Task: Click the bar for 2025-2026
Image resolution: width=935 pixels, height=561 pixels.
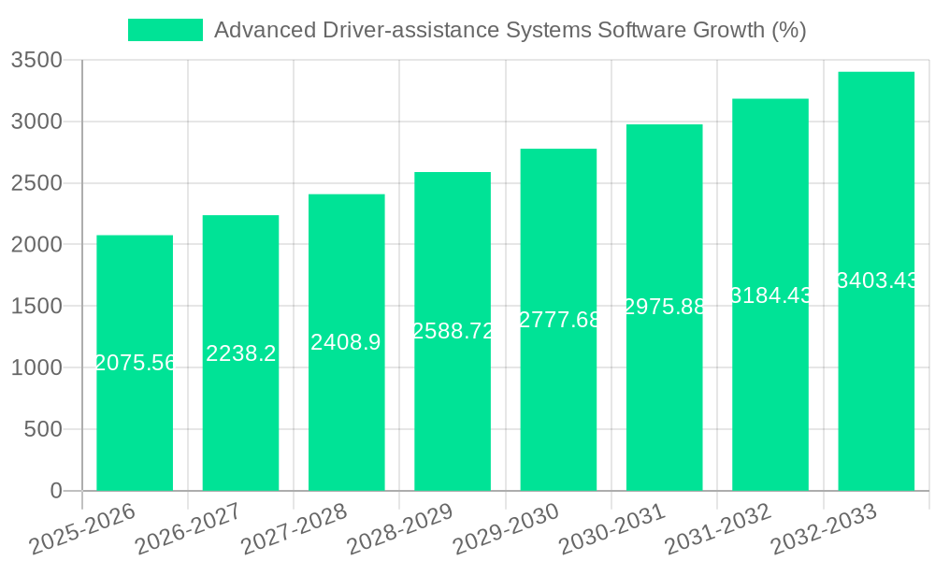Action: tap(135, 421)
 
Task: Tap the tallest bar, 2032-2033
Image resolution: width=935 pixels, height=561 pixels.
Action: tap(876, 374)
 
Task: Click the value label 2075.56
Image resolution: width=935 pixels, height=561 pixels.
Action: tap(135, 363)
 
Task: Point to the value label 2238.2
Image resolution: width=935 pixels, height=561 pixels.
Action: tap(240, 352)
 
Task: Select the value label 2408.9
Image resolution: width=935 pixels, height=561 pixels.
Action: tap(346, 342)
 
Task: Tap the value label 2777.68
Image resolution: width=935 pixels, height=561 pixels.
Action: tap(558, 320)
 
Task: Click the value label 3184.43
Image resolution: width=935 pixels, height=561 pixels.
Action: tap(770, 295)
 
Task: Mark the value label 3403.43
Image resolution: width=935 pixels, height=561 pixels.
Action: tap(876, 280)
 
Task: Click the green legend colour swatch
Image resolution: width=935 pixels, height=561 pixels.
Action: tap(165, 30)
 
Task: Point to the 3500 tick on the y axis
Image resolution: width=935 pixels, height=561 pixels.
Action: tap(36, 61)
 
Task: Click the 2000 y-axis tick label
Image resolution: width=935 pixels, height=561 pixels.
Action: tap(36, 245)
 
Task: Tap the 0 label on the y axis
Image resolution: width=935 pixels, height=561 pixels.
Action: tap(56, 491)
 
